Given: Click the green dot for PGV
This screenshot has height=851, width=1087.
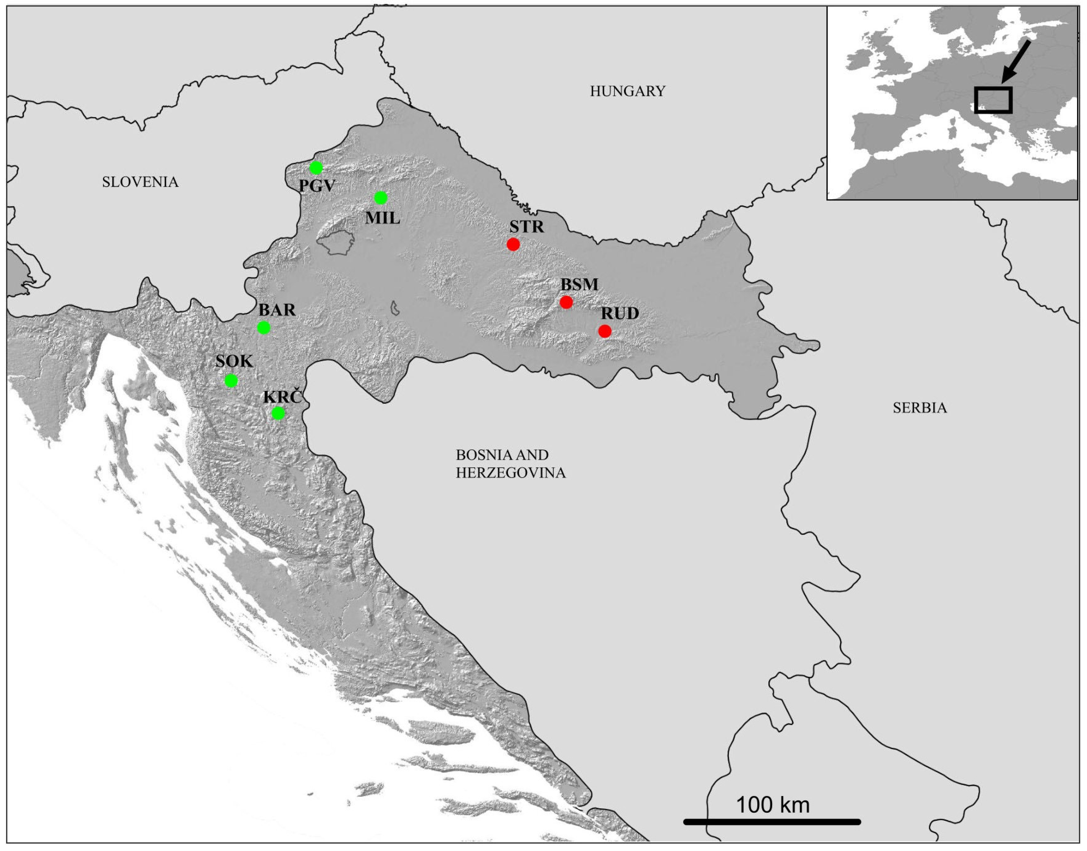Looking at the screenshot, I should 316,168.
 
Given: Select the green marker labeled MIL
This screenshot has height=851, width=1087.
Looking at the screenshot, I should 380,198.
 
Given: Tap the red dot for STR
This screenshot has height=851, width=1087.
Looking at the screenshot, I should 513,244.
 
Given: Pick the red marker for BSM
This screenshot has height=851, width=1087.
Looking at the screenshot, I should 566,302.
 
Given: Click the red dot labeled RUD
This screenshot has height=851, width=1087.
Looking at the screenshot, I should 605,331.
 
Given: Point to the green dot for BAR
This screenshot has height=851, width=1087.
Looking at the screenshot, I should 263,327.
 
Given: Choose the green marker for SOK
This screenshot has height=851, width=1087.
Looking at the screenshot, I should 231,381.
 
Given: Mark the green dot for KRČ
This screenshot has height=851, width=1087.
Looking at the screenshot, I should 278,413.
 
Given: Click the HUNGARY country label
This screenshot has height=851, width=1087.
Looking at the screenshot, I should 627,91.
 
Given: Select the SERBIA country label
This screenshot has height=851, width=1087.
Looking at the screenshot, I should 920,408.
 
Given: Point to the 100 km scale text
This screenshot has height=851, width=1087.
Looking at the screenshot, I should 773,805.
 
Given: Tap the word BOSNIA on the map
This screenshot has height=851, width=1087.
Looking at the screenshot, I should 478,455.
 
